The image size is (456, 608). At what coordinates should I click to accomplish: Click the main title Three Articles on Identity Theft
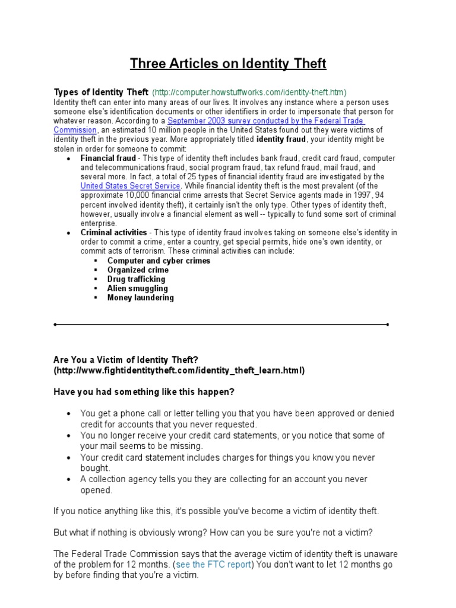click(228, 64)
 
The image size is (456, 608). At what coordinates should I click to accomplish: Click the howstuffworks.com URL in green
click(249, 92)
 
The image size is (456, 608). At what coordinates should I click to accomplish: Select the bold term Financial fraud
click(108, 159)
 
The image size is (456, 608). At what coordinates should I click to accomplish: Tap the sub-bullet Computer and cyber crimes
click(159, 261)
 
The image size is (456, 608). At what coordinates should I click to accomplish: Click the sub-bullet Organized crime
click(138, 270)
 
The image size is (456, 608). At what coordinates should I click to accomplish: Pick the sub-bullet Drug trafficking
click(136, 279)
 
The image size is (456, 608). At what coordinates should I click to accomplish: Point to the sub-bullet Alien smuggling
click(137, 289)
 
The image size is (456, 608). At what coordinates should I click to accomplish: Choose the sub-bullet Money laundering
click(140, 297)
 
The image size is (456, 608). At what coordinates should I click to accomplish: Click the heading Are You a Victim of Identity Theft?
click(125, 360)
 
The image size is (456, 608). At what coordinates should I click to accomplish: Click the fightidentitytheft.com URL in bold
click(179, 370)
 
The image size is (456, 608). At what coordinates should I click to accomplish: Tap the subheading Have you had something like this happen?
click(144, 392)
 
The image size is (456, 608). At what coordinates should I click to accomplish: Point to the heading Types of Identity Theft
click(101, 92)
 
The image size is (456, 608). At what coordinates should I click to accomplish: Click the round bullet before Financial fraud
click(69, 159)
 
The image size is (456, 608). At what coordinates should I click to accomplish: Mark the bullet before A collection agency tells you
click(69, 480)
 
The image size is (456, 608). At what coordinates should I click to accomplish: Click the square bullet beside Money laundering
click(96, 298)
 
